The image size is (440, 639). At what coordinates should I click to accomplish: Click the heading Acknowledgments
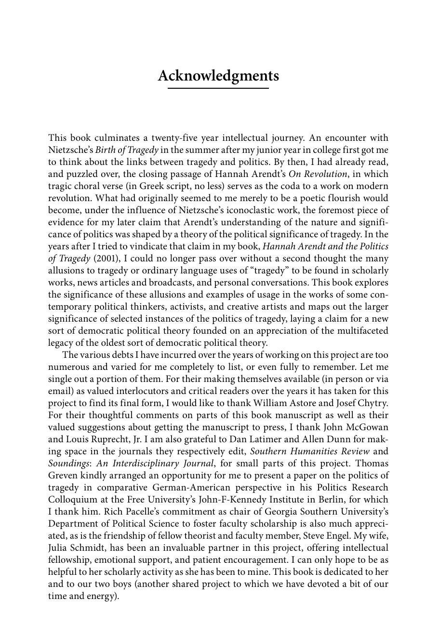[218, 76]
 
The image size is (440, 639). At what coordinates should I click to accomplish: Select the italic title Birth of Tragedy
[127, 150]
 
